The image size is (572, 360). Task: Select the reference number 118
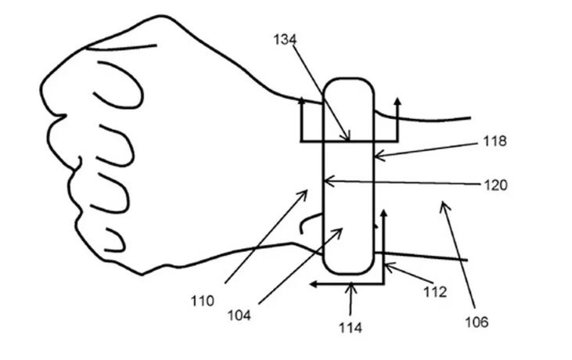pos(495,141)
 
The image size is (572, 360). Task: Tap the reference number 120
pos(495,185)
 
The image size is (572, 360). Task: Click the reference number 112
pos(434,292)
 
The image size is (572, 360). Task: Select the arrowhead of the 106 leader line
pos(442,203)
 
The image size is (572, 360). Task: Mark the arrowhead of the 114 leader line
pos(351,285)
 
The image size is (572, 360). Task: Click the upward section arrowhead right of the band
pos(398,101)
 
